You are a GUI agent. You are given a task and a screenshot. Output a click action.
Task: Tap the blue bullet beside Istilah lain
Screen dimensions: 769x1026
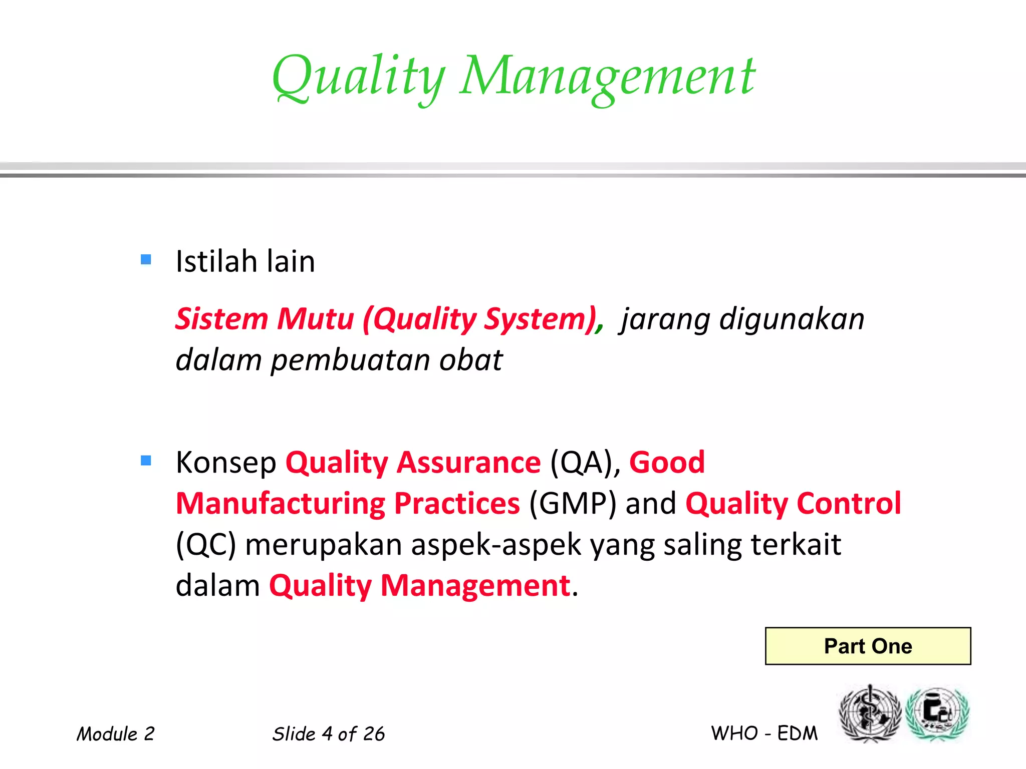[x=146, y=259]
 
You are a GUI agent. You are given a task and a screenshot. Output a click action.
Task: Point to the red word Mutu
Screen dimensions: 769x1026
[x=316, y=319]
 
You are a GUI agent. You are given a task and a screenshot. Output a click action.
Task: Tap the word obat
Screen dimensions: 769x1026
[x=470, y=360]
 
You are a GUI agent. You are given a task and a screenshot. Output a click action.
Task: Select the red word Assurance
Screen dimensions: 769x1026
[x=469, y=462]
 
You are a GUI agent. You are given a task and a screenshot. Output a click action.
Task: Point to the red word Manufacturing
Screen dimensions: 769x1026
[x=281, y=504]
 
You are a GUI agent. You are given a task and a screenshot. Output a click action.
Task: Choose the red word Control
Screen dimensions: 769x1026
[x=849, y=504]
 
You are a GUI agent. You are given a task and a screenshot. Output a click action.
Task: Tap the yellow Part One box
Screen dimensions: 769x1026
[x=868, y=646]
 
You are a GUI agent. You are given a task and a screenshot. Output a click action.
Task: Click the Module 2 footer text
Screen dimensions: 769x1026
[x=116, y=734]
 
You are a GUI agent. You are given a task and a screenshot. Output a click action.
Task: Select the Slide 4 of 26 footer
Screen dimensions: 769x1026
[x=328, y=734]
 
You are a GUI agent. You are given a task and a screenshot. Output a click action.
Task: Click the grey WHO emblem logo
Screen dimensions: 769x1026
[x=870, y=714]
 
